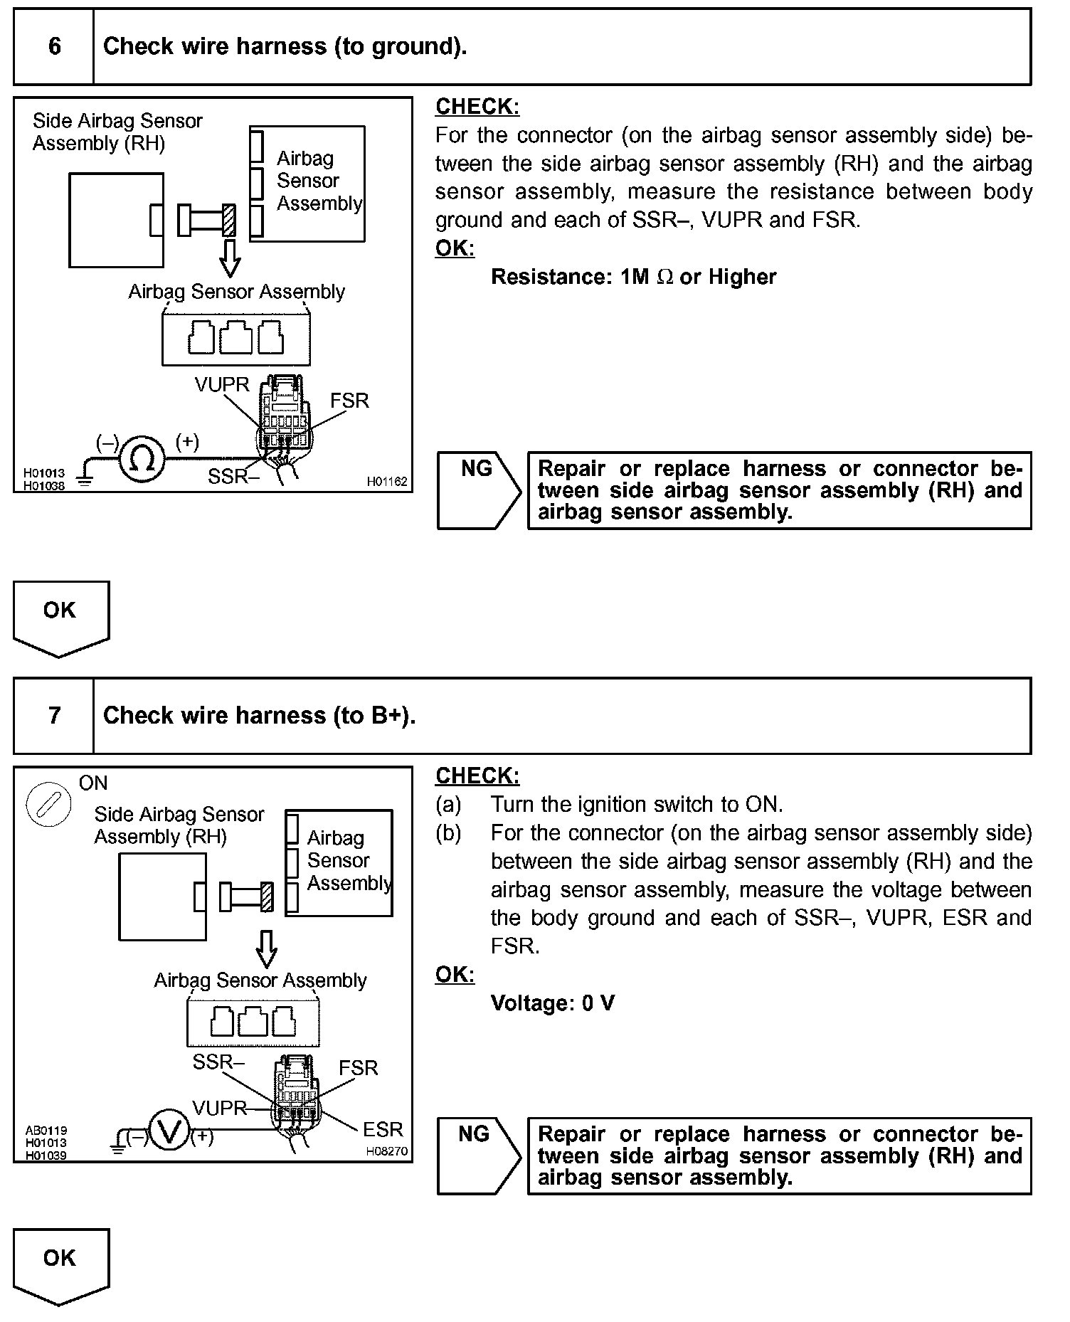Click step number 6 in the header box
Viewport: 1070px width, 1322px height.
(x=55, y=47)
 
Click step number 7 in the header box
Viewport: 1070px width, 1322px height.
(x=55, y=716)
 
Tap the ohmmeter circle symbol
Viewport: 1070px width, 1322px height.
(x=142, y=459)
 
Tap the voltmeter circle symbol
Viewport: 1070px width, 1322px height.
(x=169, y=1131)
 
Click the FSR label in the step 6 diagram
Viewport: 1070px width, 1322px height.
(x=349, y=401)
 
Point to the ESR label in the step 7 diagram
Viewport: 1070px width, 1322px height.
(x=383, y=1129)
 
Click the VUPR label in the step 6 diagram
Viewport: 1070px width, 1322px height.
(x=222, y=385)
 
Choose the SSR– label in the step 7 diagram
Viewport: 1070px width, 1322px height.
(x=218, y=1062)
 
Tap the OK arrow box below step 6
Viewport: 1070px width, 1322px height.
(x=61, y=616)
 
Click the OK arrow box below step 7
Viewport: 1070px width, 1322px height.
(x=61, y=1264)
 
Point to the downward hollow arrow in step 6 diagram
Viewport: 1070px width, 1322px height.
(x=229, y=258)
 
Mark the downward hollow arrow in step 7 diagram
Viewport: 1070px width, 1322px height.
(x=266, y=948)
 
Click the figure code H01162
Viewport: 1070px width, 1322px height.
(x=387, y=482)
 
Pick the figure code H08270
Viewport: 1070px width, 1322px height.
(x=387, y=1151)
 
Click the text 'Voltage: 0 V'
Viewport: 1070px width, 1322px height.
(x=553, y=1003)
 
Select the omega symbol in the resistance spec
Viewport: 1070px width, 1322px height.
(x=664, y=277)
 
